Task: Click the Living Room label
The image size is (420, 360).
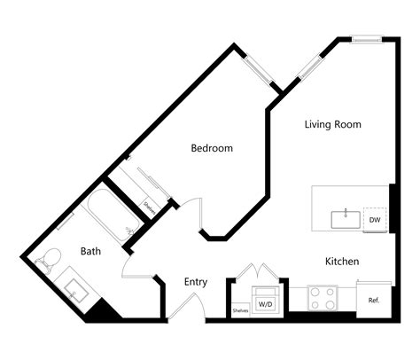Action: (332, 124)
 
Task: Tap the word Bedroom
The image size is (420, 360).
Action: (212, 148)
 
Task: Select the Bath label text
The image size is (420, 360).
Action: (90, 251)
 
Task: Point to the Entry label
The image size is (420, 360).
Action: (196, 282)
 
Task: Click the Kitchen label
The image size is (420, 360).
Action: (341, 262)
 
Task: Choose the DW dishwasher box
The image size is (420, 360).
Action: (375, 220)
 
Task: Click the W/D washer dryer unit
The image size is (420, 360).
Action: (266, 302)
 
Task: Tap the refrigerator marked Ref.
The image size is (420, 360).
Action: (374, 298)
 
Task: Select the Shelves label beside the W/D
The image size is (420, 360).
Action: (239, 310)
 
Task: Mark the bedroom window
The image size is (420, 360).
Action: (260, 70)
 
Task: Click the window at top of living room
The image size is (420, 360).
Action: (365, 38)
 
